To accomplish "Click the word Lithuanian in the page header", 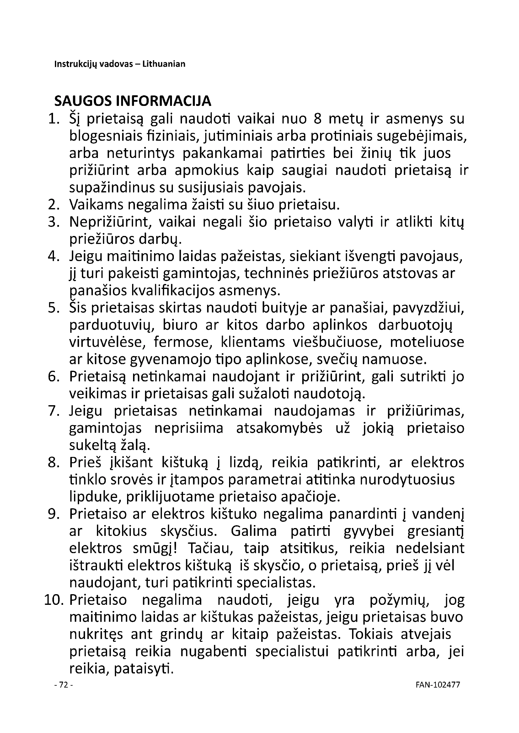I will [163, 64].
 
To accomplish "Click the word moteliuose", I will [427, 342].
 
